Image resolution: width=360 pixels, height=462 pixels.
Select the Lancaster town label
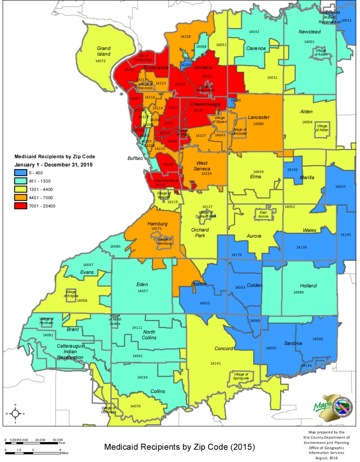pyautogui.click(x=259, y=117)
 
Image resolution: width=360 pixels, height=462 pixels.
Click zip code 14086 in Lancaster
pyautogui.click(x=258, y=124)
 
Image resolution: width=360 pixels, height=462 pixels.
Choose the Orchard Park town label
pyautogui.click(x=200, y=232)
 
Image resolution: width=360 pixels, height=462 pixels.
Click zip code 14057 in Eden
pyautogui.click(x=142, y=291)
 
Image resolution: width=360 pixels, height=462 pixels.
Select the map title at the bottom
pyautogui.click(x=180, y=447)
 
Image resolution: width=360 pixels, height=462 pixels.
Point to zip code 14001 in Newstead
pyautogui.click(x=309, y=42)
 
